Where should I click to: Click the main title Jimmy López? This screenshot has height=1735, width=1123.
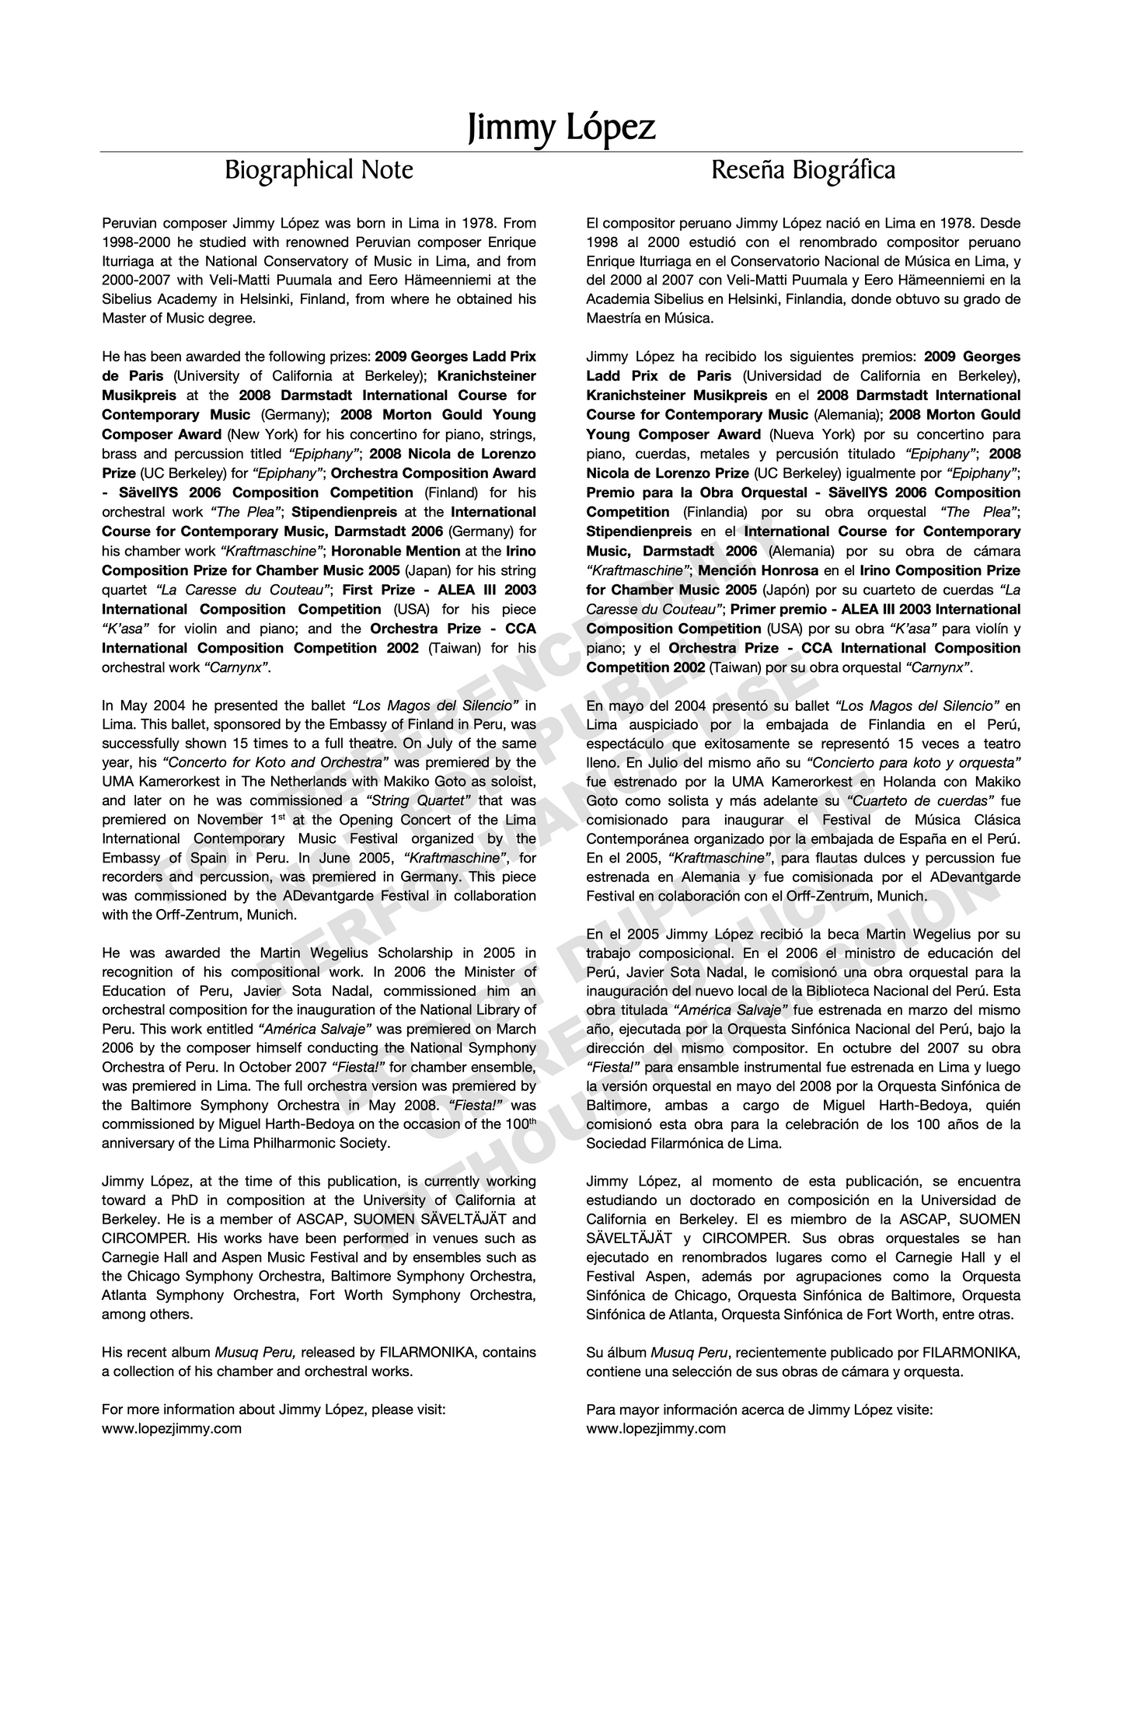point(561,127)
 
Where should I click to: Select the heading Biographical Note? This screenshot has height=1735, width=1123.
point(319,169)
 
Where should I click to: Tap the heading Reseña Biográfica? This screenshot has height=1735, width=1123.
point(803,169)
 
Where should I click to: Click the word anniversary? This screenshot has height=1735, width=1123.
point(137,1143)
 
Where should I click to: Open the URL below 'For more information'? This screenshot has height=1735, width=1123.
point(172,1428)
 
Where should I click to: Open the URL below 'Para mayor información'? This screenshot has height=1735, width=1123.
point(656,1428)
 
